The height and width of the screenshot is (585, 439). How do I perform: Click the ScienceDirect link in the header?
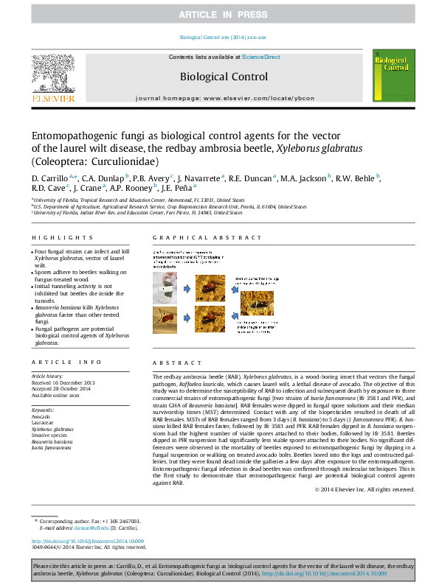click(261, 57)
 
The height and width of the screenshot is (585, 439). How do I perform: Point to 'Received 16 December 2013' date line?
click(63, 383)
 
